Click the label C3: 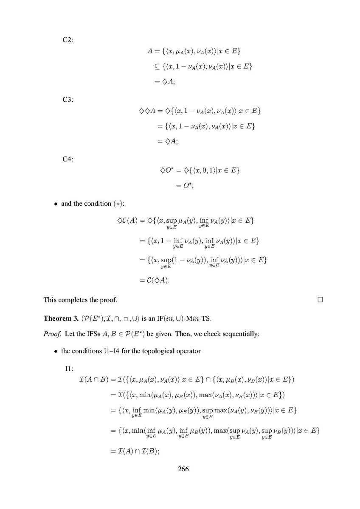click(67, 100)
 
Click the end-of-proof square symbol click(320, 300)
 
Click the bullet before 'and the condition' click(56, 204)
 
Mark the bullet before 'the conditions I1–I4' click(56, 351)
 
